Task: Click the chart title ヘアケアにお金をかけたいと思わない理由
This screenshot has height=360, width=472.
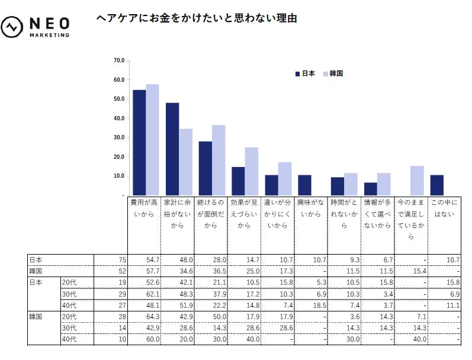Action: click(x=196, y=18)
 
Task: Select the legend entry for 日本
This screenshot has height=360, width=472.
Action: click(x=305, y=74)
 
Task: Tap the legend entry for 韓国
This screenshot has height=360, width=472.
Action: click(x=333, y=74)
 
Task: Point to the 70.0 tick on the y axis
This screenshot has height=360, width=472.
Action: click(x=118, y=60)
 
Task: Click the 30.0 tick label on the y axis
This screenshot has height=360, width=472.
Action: click(x=118, y=137)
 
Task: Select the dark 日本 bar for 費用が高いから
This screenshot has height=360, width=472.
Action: click(x=139, y=142)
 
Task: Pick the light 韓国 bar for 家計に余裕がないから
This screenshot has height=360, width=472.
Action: click(x=186, y=162)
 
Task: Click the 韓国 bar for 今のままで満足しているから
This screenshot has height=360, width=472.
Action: click(x=417, y=180)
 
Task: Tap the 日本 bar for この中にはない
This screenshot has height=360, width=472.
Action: click(x=437, y=185)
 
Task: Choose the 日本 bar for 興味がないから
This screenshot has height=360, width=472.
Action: click(x=304, y=185)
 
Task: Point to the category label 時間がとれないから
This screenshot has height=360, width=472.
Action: click(x=344, y=214)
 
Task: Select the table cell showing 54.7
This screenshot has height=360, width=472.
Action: click(x=144, y=260)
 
